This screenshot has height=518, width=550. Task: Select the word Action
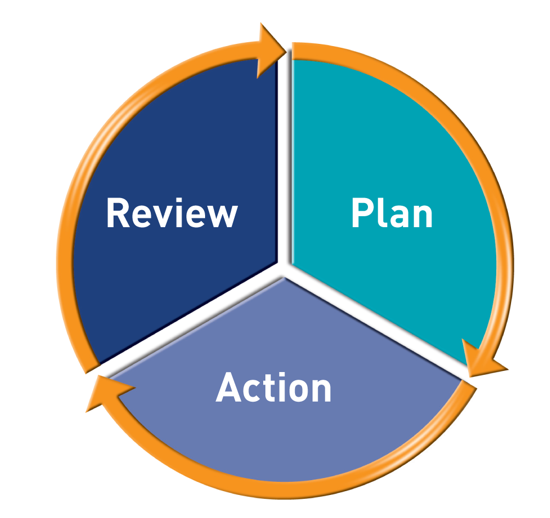coord(274,388)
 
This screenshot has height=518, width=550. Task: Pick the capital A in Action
coord(230,388)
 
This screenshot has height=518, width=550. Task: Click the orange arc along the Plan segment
coord(483,165)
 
